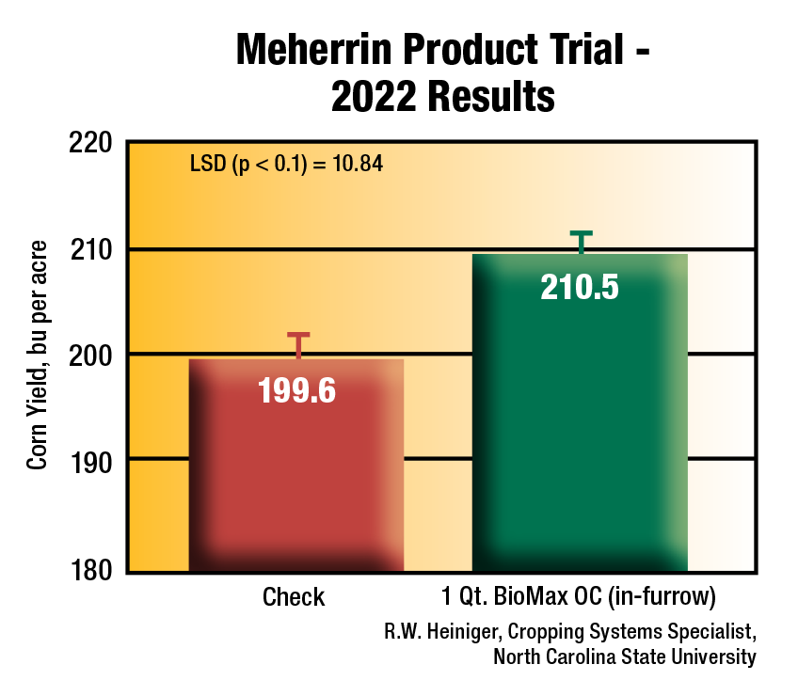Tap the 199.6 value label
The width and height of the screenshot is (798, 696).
pos(296,391)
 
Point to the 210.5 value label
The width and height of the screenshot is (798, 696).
pos(580,287)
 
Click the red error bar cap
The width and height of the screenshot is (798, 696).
pos(298,335)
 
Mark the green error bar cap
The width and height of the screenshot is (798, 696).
pos(582,232)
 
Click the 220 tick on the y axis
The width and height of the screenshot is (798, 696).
pos(91,144)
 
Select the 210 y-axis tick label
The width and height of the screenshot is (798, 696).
pos(91,250)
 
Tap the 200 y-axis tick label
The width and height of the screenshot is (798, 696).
pos(91,355)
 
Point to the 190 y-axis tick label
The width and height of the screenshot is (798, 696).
pos(91,460)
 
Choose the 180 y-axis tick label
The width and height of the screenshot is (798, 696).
pos(91,570)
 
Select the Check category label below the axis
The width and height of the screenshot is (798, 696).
pos(294,597)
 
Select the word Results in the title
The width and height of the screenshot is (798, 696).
pos(488,97)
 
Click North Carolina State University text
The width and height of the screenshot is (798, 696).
pos(624,656)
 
